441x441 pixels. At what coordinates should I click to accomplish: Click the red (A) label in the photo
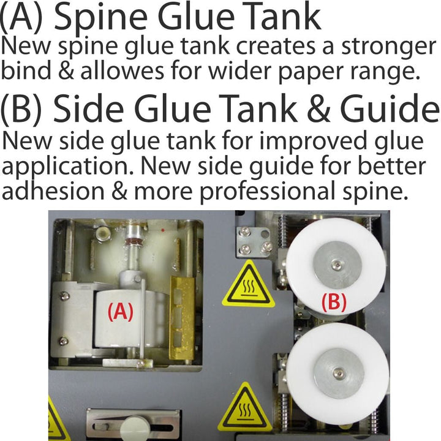pos(121,312)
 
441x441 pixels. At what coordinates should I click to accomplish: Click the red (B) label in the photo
pos(334,303)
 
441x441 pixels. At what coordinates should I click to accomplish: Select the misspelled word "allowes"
pos(122,70)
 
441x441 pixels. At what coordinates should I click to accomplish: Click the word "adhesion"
pos(53,190)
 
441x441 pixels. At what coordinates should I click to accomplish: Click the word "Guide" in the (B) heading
pos(390,108)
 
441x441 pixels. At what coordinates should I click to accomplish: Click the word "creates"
pos(276,47)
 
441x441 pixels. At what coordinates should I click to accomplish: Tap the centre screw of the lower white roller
pos(338,373)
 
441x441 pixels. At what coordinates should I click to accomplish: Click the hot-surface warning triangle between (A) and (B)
pos(248,285)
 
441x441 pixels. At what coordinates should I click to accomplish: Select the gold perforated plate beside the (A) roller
pos(182,318)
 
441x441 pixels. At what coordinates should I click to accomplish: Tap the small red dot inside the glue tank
pos(162,230)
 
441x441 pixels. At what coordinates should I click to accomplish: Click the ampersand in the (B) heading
pos(318,108)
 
